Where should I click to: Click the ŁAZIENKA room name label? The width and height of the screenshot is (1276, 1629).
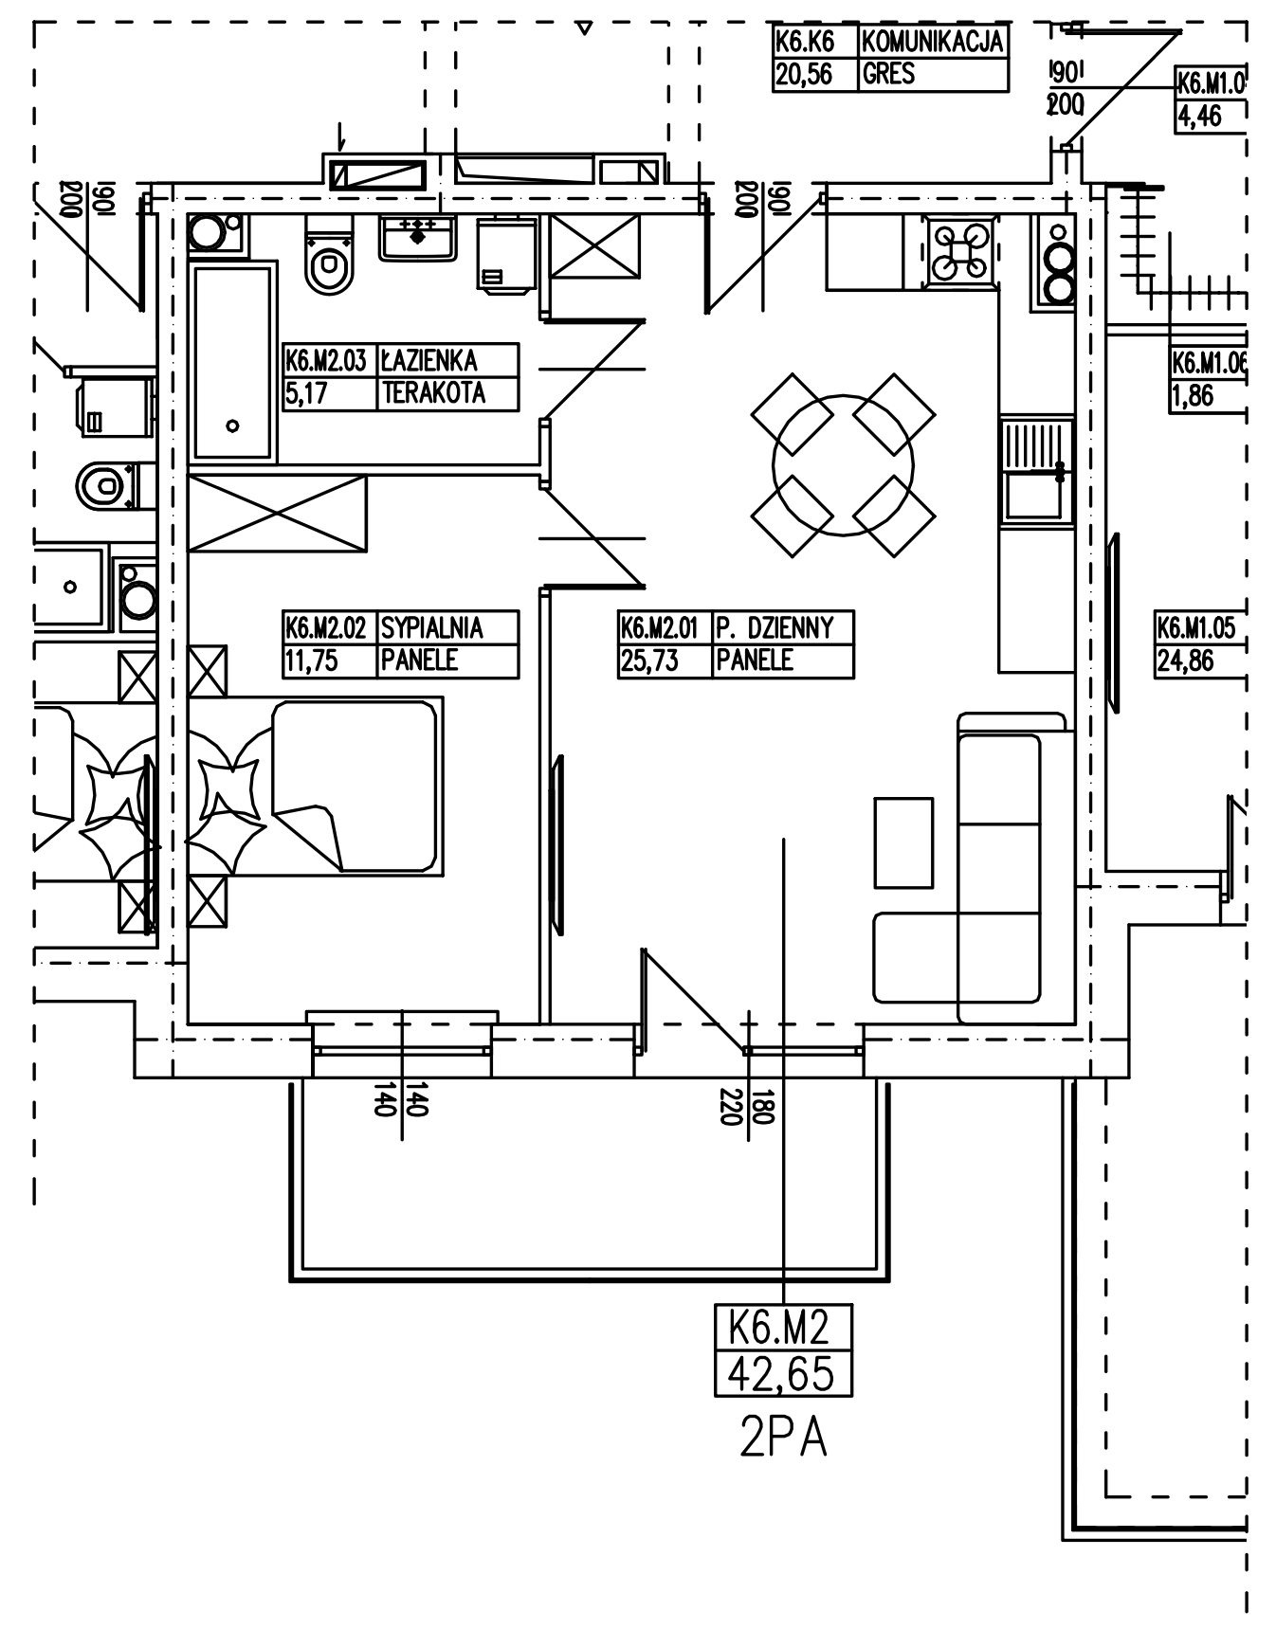click(429, 361)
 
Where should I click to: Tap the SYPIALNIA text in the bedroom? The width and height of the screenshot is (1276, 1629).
click(432, 628)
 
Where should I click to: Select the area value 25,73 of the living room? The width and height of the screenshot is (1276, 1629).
click(649, 661)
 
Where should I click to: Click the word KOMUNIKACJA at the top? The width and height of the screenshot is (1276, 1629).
click(932, 42)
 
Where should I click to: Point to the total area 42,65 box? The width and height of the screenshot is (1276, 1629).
click(782, 1374)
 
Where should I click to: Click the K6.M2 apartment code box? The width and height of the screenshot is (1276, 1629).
click(782, 1328)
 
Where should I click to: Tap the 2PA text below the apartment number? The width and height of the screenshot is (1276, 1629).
click(782, 1439)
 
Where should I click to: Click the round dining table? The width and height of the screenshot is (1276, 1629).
click(843, 465)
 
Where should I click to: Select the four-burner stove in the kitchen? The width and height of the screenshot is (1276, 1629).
click(961, 251)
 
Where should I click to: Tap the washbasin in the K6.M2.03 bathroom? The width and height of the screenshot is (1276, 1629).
click(418, 237)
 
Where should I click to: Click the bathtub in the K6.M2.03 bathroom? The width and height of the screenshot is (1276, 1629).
click(233, 363)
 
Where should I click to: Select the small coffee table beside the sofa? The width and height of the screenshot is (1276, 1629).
click(902, 842)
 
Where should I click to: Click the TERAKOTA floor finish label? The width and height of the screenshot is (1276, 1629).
click(433, 393)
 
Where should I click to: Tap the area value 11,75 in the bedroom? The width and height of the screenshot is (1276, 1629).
click(311, 661)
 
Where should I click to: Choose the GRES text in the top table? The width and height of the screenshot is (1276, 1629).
click(888, 74)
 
